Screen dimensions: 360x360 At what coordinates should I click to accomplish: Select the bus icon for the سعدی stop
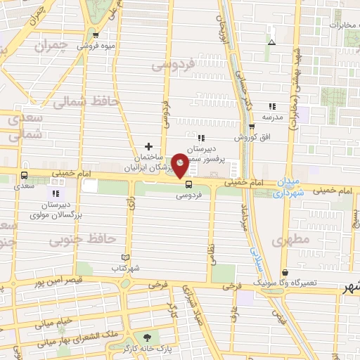(25, 176)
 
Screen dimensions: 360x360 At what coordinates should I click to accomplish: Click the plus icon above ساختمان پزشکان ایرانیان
(148, 146)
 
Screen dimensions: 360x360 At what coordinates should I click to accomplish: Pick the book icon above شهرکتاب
(127, 258)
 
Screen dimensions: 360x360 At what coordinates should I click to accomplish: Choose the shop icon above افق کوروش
(252, 127)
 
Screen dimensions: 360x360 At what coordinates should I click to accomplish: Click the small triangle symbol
(271, 41)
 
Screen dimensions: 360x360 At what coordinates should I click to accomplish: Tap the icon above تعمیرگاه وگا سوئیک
(285, 272)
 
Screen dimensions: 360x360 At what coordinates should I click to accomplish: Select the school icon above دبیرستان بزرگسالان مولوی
(56, 193)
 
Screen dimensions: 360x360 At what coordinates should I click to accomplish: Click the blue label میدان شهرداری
(289, 186)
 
